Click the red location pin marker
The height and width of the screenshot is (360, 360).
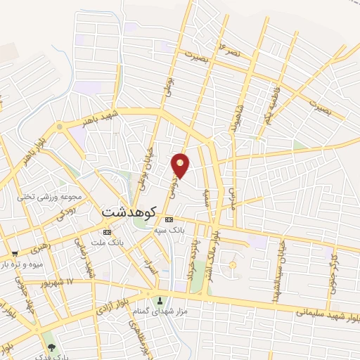tap(181, 165)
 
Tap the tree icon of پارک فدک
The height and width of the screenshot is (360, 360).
tap(50, 347)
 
